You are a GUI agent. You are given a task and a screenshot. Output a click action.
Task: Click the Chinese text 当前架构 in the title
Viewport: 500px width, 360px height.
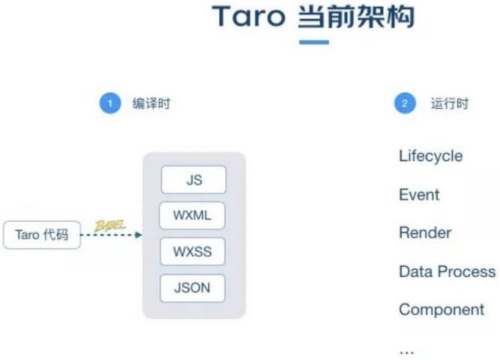[355, 17]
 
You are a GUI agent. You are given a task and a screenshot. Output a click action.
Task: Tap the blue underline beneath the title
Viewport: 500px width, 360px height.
[314, 42]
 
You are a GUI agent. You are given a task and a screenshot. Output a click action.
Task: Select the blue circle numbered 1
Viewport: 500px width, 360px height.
[110, 104]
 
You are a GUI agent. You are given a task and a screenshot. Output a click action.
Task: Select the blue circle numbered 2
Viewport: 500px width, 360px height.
[404, 104]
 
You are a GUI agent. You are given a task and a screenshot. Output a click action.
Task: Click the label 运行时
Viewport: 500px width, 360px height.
[449, 104]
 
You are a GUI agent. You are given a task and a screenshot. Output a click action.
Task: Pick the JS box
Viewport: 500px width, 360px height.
[193, 180]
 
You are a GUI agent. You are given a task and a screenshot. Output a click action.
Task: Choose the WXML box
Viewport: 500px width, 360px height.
[193, 216]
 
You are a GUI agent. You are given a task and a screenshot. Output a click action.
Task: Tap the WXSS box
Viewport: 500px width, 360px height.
[193, 252]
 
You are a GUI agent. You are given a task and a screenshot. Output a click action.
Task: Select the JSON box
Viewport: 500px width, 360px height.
[193, 288]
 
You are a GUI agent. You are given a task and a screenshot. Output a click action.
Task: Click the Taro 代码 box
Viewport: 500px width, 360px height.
[41, 235]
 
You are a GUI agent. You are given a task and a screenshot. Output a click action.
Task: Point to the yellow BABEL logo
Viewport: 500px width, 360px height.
[110, 224]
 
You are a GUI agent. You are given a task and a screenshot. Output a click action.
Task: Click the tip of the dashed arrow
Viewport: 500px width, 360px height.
[140, 235]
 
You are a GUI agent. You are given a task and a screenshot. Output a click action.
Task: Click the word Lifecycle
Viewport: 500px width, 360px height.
[430, 156]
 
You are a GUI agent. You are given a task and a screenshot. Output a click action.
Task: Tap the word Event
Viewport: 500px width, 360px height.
[419, 195]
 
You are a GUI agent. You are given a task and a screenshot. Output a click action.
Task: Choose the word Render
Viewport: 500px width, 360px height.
[425, 233]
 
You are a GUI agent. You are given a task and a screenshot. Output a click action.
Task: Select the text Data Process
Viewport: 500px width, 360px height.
[447, 272]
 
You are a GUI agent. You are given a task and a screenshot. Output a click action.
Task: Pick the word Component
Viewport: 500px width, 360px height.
[441, 310]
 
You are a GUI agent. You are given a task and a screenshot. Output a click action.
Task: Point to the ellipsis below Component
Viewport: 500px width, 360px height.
[406, 351]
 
